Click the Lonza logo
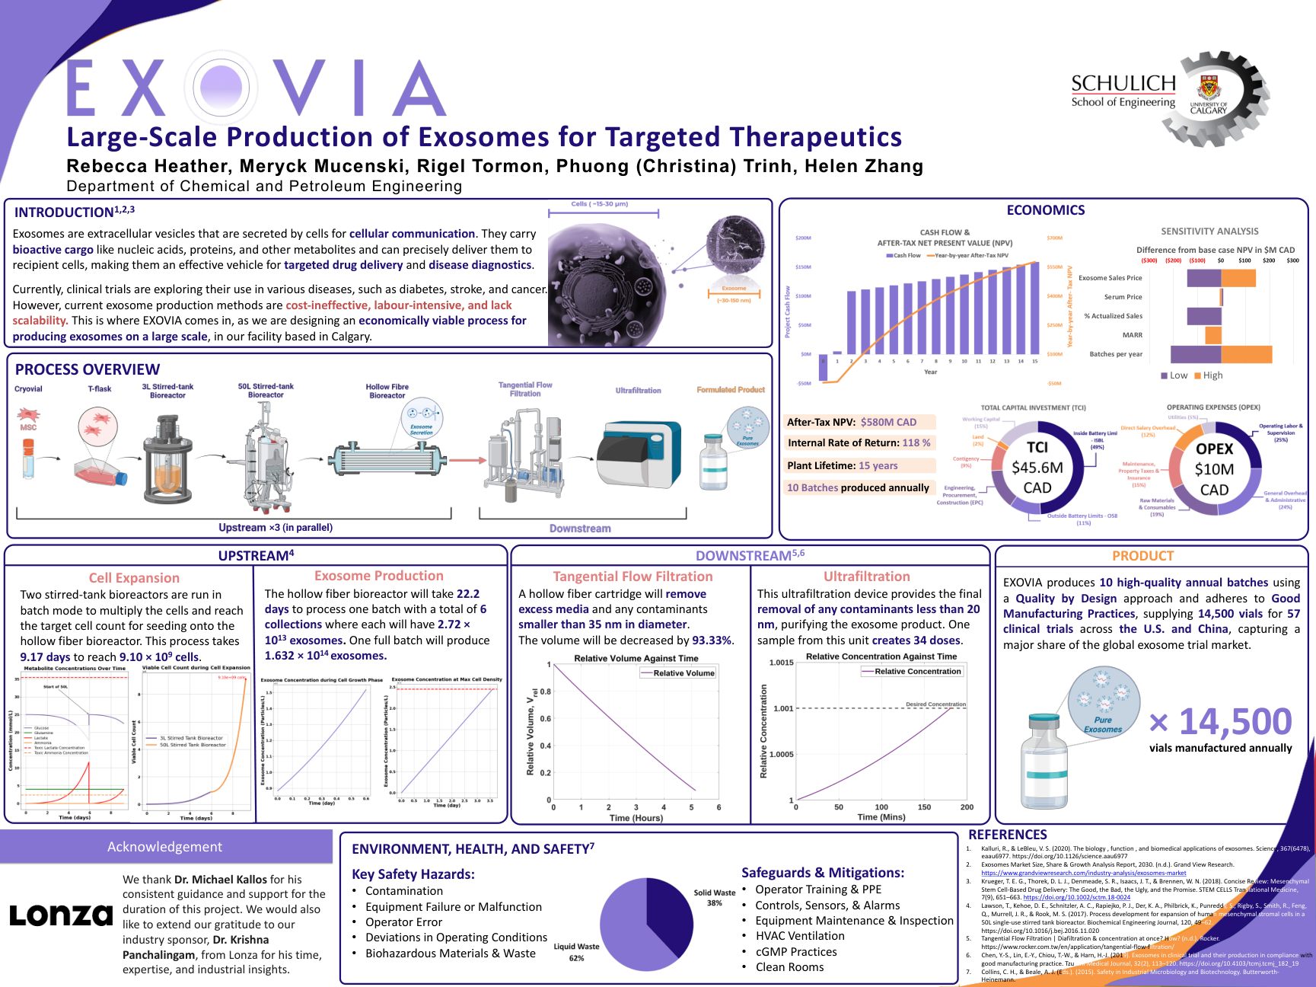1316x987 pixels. click(61, 915)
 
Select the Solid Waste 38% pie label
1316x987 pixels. click(714, 898)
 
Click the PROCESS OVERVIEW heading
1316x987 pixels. click(88, 369)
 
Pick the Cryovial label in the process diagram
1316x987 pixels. click(28, 389)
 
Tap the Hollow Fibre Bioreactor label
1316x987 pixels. click(387, 391)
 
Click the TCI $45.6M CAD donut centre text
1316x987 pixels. click(1037, 468)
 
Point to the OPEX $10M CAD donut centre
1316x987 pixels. click(1214, 469)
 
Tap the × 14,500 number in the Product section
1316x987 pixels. click(1220, 722)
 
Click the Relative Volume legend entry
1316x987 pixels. click(677, 673)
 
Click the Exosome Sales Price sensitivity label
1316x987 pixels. click(1110, 278)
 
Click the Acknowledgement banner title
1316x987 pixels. click(164, 847)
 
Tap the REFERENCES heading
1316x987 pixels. click(1007, 835)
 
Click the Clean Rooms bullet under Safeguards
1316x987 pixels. click(789, 967)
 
